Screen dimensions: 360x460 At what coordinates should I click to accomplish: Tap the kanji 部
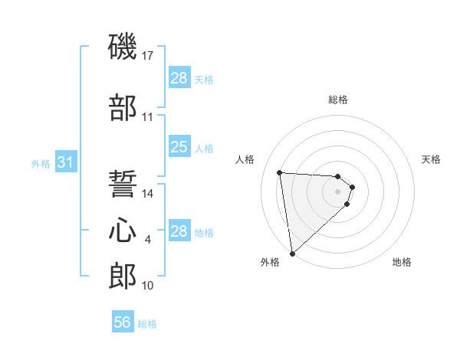(x=123, y=109)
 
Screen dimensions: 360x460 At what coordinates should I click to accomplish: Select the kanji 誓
(x=123, y=184)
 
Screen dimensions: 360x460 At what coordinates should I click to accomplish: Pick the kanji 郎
(x=123, y=274)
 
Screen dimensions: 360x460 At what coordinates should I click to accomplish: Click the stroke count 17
(x=149, y=55)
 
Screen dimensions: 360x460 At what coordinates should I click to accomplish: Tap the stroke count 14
(x=149, y=194)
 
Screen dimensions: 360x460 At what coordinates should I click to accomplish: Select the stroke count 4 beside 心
(x=148, y=240)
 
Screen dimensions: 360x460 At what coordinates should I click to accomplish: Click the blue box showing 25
(x=179, y=147)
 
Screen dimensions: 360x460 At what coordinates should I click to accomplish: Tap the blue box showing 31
(x=65, y=162)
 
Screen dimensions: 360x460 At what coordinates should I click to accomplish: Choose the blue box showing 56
(x=122, y=322)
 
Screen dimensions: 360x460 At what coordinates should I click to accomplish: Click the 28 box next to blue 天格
(x=179, y=78)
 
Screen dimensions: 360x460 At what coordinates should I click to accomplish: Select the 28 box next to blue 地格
(x=179, y=231)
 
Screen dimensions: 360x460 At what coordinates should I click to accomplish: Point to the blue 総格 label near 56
(x=147, y=324)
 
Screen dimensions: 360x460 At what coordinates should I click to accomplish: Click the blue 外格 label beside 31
(x=40, y=163)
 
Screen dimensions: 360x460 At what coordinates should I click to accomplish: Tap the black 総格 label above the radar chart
(x=338, y=100)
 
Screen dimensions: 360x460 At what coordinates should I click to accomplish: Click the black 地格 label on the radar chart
(x=402, y=262)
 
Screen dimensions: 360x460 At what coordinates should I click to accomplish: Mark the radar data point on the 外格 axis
(x=292, y=253)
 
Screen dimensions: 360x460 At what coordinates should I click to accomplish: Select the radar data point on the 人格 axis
(x=280, y=172)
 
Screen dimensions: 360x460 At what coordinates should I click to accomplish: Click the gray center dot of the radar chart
(x=338, y=191)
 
